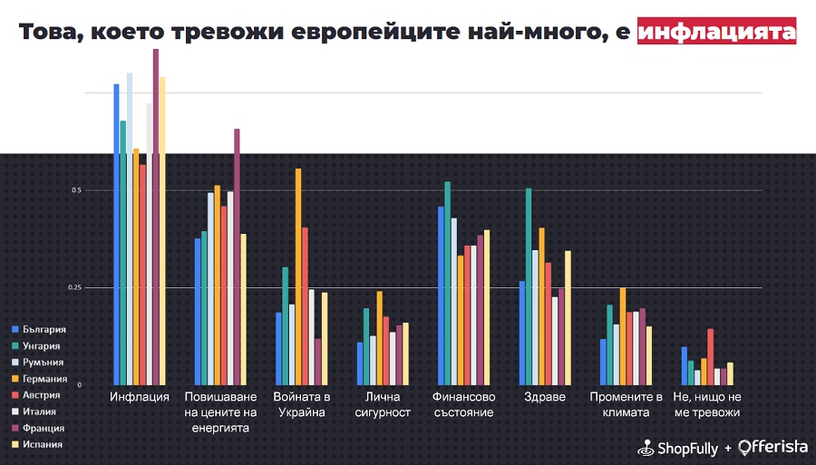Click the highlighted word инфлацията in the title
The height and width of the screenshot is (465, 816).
pyautogui.click(x=716, y=31)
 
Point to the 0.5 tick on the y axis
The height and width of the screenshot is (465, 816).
pyautogui.click(x=76, y=190)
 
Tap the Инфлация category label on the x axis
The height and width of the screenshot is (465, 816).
pyautogui.click(x=139, y=397)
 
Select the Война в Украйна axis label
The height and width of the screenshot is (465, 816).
pyautogui.click(x=302, y=404)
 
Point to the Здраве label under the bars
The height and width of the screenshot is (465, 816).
pyautogui.click(x=545, y=397)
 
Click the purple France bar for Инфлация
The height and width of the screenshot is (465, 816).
pyautogui.click(x=156, y=218)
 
